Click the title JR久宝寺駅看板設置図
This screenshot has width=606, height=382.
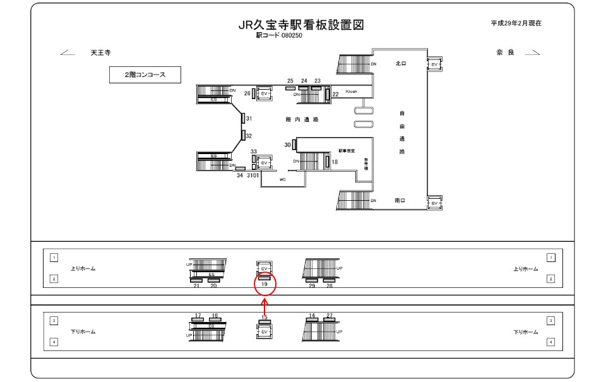point(301,25)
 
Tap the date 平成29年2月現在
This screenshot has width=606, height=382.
point(516,23)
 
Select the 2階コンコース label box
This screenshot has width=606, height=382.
point(145,75)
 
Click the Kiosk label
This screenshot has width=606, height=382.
point(351,92)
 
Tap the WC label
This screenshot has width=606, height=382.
point(283,180)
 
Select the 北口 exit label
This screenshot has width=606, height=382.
point(400,64)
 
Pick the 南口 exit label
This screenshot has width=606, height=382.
point(400,200)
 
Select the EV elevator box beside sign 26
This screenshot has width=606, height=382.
point(264,93)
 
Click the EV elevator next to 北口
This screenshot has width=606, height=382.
point(434,64)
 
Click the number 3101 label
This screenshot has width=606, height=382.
point(253,176)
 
